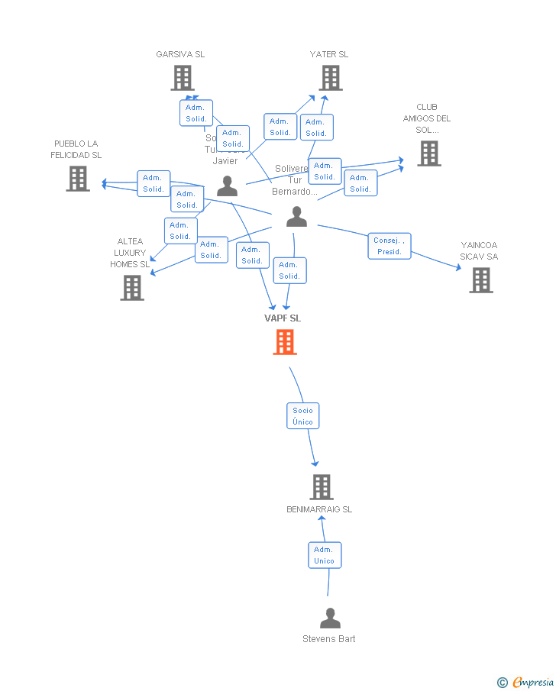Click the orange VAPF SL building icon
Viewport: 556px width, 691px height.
click(x=285, y=342)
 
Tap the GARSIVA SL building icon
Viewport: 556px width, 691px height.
click(x=182, y=77)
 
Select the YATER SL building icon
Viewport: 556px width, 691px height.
click(x=330, y=77)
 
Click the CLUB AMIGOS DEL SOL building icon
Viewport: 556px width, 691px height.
click(x=428, y=153)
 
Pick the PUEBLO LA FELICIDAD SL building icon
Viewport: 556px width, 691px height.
click(x=78, y=178)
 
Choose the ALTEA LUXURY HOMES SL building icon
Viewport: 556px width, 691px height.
click(x=132, y=287)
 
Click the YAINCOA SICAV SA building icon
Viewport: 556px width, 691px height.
click(x=480, y=280)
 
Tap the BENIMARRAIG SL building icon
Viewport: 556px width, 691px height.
click(x=322, y=486)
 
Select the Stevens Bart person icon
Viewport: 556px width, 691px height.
click(x=330, y=618)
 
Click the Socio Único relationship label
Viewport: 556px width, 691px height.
click(x=302, y=416)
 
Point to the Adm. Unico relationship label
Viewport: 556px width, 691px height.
click(x=324, y=555)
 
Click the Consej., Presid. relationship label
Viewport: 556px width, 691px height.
click(x=390, y=246)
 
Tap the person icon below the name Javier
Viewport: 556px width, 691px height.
click(x=227, y=186)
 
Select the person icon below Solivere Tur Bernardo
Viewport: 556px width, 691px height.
click(x=296, y=217)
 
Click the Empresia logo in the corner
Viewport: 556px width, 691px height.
click(x=526, y=682)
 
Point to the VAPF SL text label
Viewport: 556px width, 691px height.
click(x=283, y=318)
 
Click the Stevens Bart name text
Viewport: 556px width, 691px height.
click(x=328, y=639)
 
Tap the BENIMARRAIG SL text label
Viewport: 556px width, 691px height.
click(x=319, y=509)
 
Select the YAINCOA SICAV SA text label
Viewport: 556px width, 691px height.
click(x=479, y=251)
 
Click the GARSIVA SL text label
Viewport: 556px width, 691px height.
click(x=180, y=54)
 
